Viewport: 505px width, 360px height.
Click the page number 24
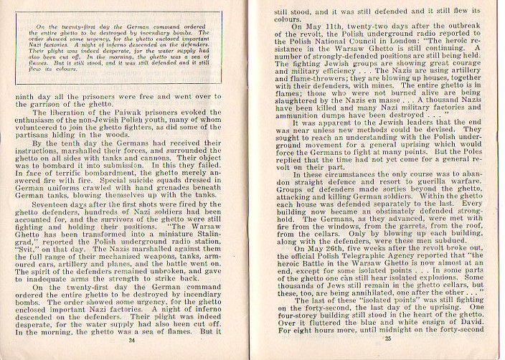pyautogui.click(x=131, y=341)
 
